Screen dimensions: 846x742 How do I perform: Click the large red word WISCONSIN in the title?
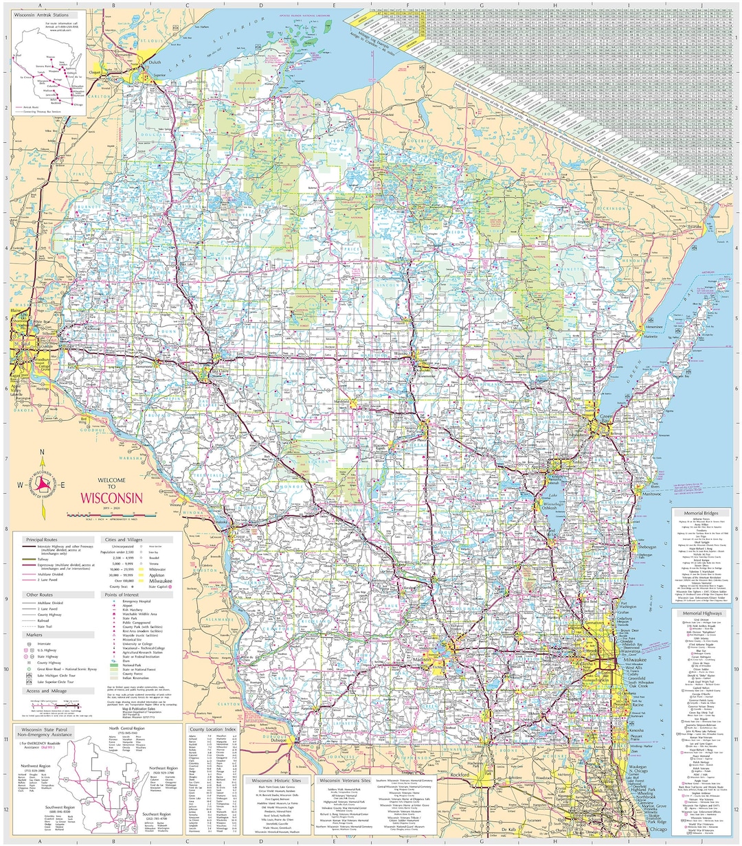tap(111, 498)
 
